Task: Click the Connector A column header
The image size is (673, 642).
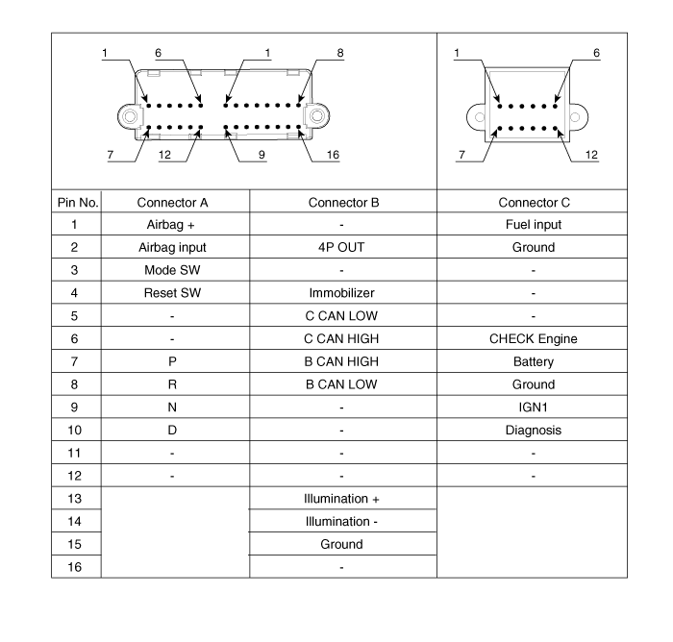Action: pos(172,203)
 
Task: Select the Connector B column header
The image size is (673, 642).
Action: pos(343,203)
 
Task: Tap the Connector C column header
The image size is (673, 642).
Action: pos(534,203)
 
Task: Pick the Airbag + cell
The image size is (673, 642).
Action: pos(171,225)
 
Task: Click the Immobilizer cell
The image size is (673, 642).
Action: pos(341,293)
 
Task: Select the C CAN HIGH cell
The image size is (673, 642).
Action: pos(341,338)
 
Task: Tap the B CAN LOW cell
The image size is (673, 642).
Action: pos(341,384)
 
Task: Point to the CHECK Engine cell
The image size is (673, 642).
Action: pos(533,339)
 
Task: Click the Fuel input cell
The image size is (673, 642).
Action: pos(534,225)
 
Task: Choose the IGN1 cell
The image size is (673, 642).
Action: pos(533,407)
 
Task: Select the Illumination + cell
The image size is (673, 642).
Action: pos(341,499)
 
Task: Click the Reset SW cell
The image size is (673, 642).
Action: pos(172,293)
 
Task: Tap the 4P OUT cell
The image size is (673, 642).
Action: pos(341,247)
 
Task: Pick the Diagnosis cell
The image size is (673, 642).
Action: pos(533,430)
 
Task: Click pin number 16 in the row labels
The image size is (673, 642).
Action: pos(74,567)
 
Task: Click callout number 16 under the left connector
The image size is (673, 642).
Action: pos(333,155)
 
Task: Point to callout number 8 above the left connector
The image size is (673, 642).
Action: pos(340,53)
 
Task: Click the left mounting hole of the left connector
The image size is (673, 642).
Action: pos(130,116)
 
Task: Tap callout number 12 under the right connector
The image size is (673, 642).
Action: pos(591,155)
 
